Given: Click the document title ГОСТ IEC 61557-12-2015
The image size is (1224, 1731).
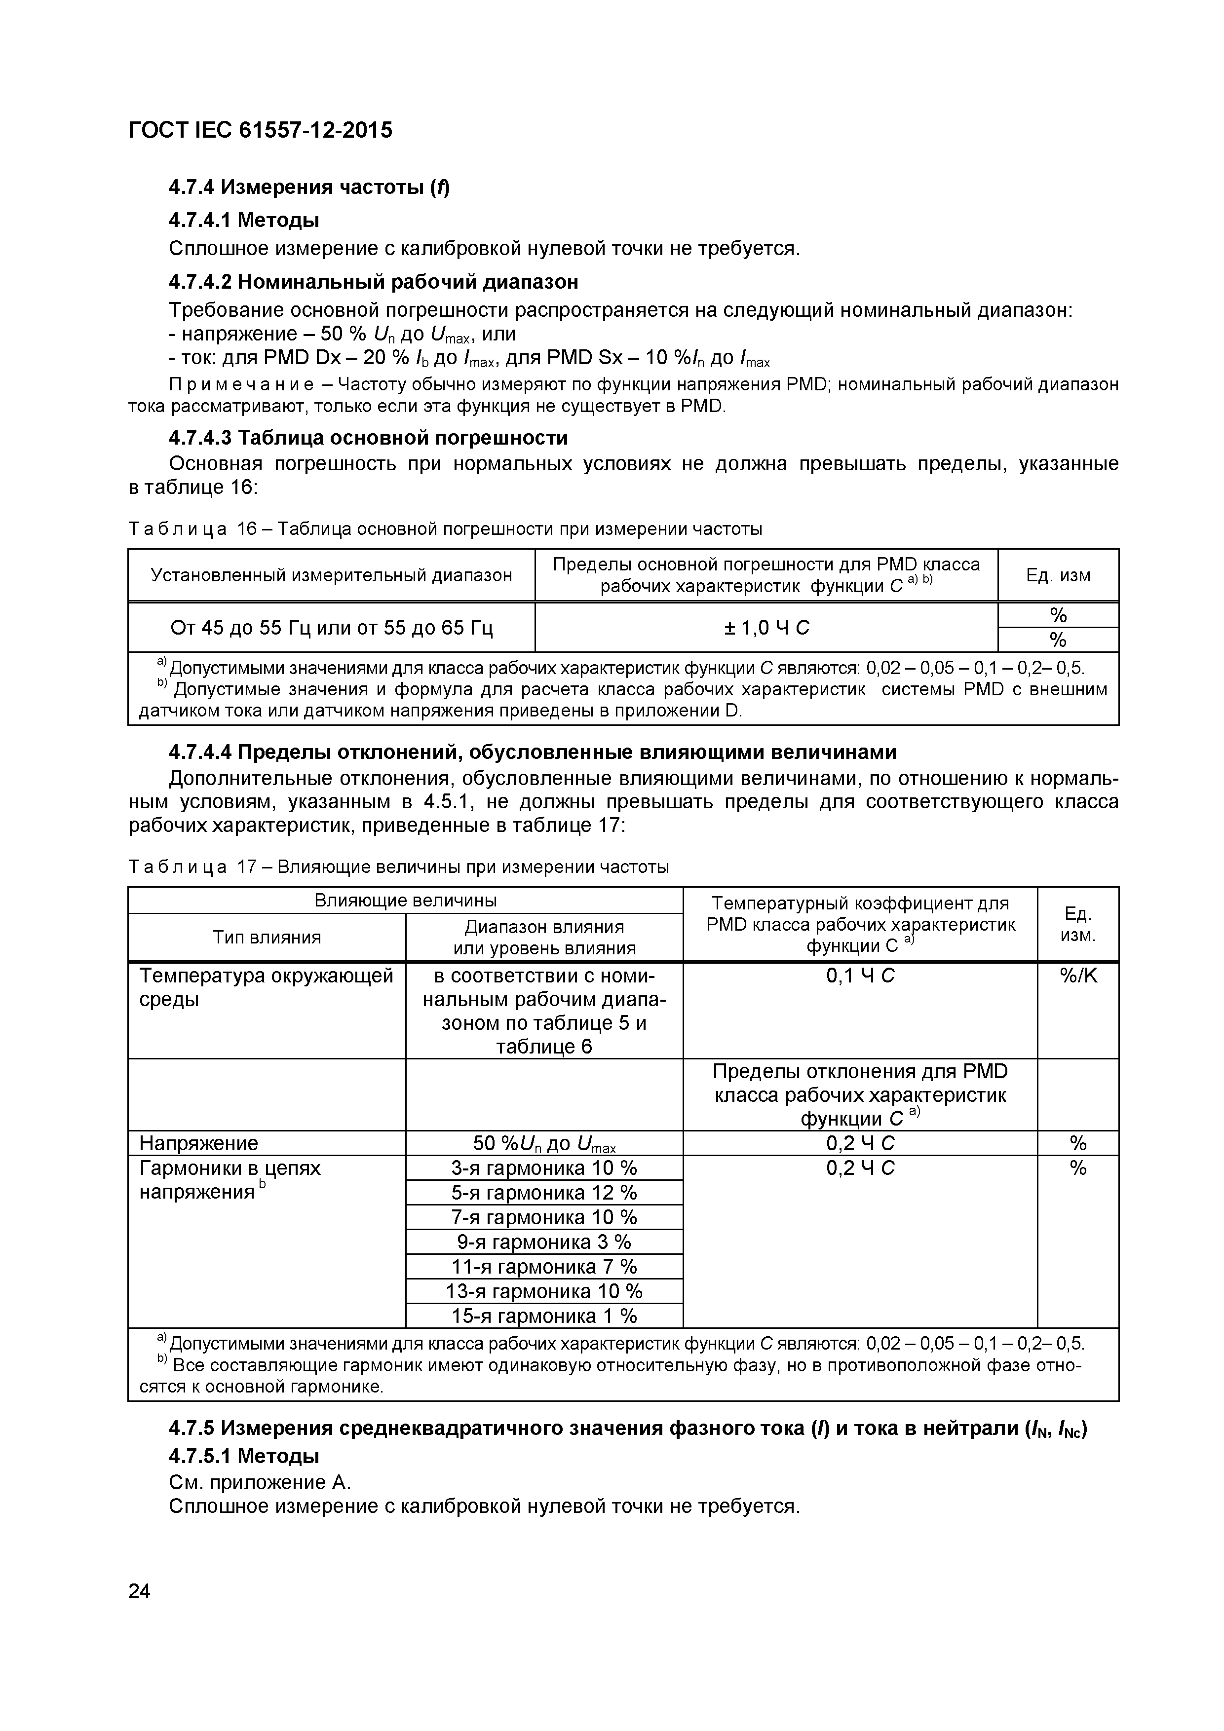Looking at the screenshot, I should coord(260,130).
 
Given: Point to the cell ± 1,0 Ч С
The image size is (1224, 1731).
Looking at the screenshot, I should coord(765,627).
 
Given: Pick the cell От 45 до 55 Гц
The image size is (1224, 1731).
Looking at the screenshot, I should coord(331,627).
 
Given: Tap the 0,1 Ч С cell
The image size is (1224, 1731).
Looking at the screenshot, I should coord(860,976).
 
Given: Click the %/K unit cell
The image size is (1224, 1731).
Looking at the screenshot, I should coord(1078,976).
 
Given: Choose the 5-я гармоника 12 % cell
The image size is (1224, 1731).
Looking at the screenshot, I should coord(544,1193).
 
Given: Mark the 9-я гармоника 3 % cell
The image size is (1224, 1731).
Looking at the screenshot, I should coord(544,1242).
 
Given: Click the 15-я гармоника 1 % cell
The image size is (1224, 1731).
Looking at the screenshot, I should coord(544,1316).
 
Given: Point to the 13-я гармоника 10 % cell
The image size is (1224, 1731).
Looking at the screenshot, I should coord(544,1291).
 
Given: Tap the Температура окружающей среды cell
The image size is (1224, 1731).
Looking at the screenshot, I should coord(266,988).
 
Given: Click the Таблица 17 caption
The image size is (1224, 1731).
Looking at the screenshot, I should coord(398,867).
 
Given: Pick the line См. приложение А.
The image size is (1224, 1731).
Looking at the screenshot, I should coord(260,1482).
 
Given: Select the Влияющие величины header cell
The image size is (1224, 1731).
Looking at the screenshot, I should coord(405,900).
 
